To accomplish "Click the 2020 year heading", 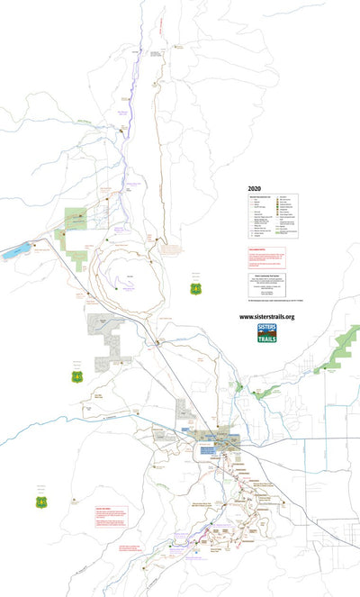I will click(x=255, y=190).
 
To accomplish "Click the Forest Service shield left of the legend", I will click(x=195, y=289).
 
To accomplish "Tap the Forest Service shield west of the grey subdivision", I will click(x=77, y=375).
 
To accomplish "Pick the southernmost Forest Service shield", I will click(x=41, y=501).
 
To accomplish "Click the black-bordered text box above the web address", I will click(x=266, y=288).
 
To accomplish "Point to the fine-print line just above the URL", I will click(x=266, y=307).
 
